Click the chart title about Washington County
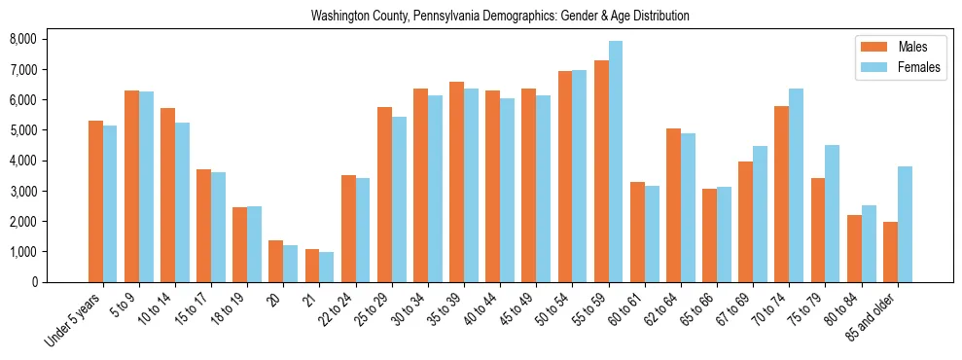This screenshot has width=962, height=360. click(500, 16)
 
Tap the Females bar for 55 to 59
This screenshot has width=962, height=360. click(616, 162)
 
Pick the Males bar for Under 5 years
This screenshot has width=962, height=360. click(95, 201)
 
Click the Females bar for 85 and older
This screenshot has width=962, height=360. click(905, 225)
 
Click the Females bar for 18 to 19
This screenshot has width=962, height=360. click(254, 244)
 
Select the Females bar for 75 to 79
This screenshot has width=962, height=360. click(832, 213)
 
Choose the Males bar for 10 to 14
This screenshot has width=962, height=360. click(167, 195)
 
